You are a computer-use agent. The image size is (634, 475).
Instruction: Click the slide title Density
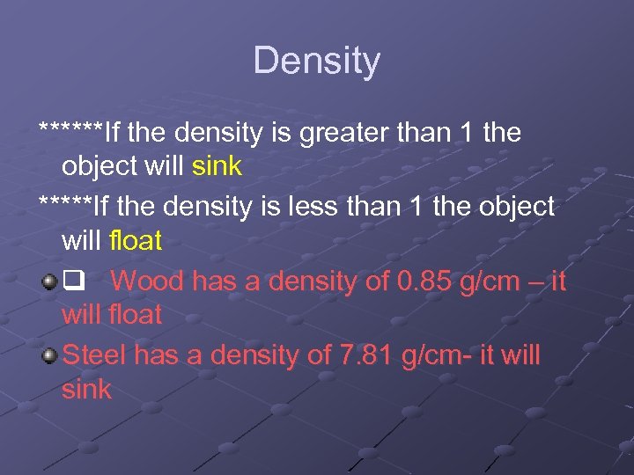click(316, 61)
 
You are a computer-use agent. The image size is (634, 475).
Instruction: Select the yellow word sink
click(217, 166)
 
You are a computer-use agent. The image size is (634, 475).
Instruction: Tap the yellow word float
click(136, 240)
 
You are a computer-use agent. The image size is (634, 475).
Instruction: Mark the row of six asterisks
click(71, 132)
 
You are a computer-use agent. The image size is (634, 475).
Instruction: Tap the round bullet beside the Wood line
click(49, 282)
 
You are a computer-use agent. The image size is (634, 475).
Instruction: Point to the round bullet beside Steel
click(49, 355)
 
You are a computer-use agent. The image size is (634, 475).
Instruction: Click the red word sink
click(86, 389)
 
